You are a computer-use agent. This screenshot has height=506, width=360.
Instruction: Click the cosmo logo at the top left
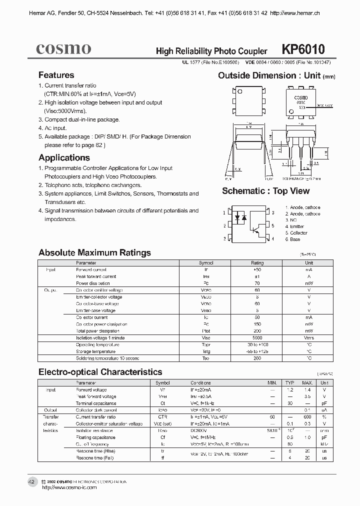click(63, 48)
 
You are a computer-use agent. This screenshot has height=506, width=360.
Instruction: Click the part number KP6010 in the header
click(303, 49)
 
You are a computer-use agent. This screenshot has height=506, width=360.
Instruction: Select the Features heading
click(56, 75)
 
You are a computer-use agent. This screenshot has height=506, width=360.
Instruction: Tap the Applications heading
click(64, 157)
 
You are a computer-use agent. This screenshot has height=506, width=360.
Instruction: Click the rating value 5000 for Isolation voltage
click(257, 338)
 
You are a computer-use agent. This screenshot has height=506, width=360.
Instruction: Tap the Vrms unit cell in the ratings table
click(308, 338)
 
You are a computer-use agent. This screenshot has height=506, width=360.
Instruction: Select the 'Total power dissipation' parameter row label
click(98, 331)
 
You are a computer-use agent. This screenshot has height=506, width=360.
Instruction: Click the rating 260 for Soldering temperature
click(257, 358)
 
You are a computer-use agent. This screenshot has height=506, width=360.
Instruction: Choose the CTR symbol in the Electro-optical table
click(162, 416)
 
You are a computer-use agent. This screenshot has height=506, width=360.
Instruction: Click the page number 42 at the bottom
click(31, 482)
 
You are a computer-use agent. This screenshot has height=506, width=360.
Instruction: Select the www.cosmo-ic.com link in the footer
click(75, 487)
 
